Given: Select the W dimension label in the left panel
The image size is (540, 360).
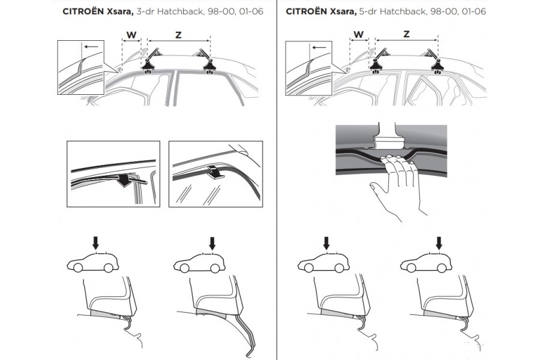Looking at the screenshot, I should click(x=131, y=35).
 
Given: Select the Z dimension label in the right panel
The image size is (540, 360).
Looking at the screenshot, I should click(x=406, y=35).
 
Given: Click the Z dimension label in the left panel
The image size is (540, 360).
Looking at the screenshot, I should click(x=178, y=35).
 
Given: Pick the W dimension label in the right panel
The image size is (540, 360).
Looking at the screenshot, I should click(x=359, y=35).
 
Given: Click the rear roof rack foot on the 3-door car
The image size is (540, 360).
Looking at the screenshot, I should click(x=209, y=65).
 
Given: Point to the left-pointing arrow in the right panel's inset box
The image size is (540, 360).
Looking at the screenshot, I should click(x=320, y=46).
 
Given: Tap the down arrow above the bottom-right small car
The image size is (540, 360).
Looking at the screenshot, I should click(x=439, y=243).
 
